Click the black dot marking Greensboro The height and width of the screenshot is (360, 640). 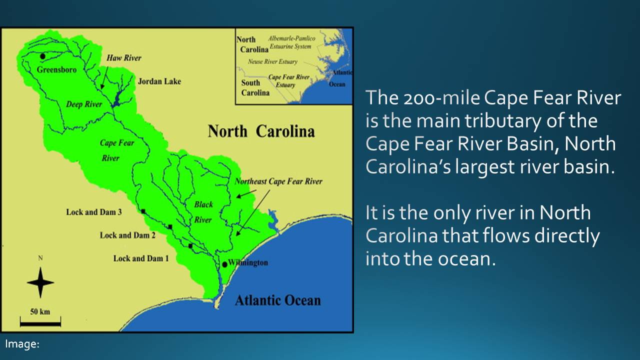pos(43,56)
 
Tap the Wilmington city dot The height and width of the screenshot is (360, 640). pos(225,264)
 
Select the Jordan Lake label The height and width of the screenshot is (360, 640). pos(159,81)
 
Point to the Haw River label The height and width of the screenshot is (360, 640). pos(124,58)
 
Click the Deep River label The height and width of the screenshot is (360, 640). pos(84,104)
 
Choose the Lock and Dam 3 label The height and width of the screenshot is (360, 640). pos(94,212)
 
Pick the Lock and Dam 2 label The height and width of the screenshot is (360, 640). pos(127,235)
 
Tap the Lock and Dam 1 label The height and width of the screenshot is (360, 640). pos(141,258)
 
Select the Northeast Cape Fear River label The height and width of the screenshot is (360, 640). pos(278,181)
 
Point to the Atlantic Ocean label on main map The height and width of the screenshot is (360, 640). pos(277,300)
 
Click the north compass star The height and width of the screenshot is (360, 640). pos(40,282)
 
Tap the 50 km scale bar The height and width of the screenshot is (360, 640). pos(40,324)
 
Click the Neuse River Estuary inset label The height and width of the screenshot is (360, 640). pos(272,62)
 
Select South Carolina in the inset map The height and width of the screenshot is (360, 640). pos(255,88)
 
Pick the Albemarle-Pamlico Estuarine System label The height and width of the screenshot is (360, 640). pos(289,42)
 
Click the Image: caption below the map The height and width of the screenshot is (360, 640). pos(22,344)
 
